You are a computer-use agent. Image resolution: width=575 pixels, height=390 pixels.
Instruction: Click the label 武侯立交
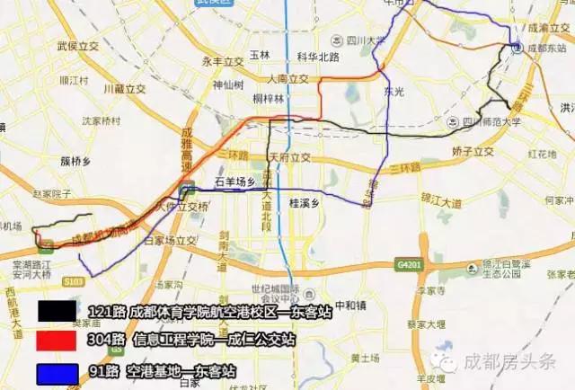pos(76,45)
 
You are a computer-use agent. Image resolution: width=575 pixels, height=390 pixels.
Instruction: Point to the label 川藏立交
pos(125,89)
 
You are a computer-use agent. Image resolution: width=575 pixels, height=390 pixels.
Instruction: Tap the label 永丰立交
pos(223,61)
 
